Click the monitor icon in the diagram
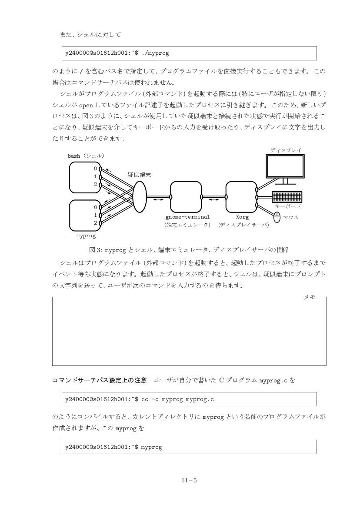point(285,166)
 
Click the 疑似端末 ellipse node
point(139,197)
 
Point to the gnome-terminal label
point(187,216)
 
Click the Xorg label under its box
point(242,216)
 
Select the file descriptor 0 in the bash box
point(95,168)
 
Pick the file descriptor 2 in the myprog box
point(95,223)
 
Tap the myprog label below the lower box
point(86,236)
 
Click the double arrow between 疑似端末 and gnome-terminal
point(158,199)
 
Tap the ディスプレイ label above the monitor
point(286,149)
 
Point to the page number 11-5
point(189,480)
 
